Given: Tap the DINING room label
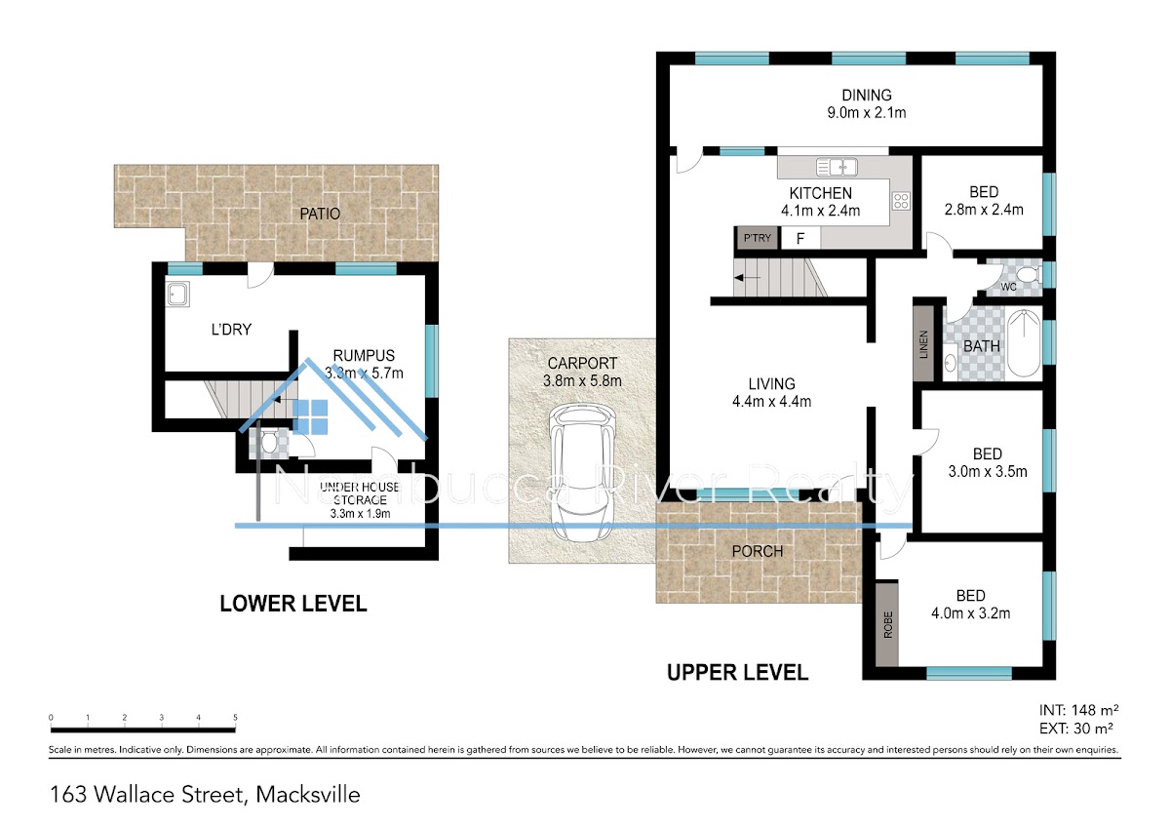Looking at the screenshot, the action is (867, 96).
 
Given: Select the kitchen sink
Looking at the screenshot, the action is (836, 166).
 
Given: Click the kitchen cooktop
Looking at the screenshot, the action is (901, 202).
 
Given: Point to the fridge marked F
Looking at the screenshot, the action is (799, 238).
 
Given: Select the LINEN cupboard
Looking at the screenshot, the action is (922, 344).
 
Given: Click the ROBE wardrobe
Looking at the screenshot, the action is (887, 624).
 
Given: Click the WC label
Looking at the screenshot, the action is (1009, 288).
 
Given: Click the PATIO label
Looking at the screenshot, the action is (320, 214).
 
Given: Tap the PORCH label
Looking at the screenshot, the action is (758, 551).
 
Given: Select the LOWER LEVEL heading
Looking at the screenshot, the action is (292, 604).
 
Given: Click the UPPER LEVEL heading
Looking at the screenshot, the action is (737, 672).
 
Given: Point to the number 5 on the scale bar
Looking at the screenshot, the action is (235, 718).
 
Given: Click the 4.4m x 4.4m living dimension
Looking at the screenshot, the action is (771, 401).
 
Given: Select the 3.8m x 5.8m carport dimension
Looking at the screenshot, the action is (582, 380).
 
